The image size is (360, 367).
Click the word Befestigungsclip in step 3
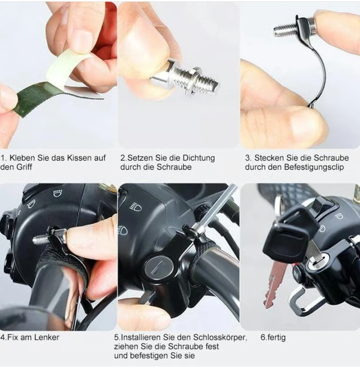pyautogui.click(x=314, y=168)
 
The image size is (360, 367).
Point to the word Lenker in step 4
pyautogui.click(x=47, y=337)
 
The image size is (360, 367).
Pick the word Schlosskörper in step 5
pyautogui.click(x=219, y=337)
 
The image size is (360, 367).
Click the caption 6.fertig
pyautogui.click(x=273, y=338)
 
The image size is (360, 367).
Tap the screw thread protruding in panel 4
pyautogui.click(x=40, y=239)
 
